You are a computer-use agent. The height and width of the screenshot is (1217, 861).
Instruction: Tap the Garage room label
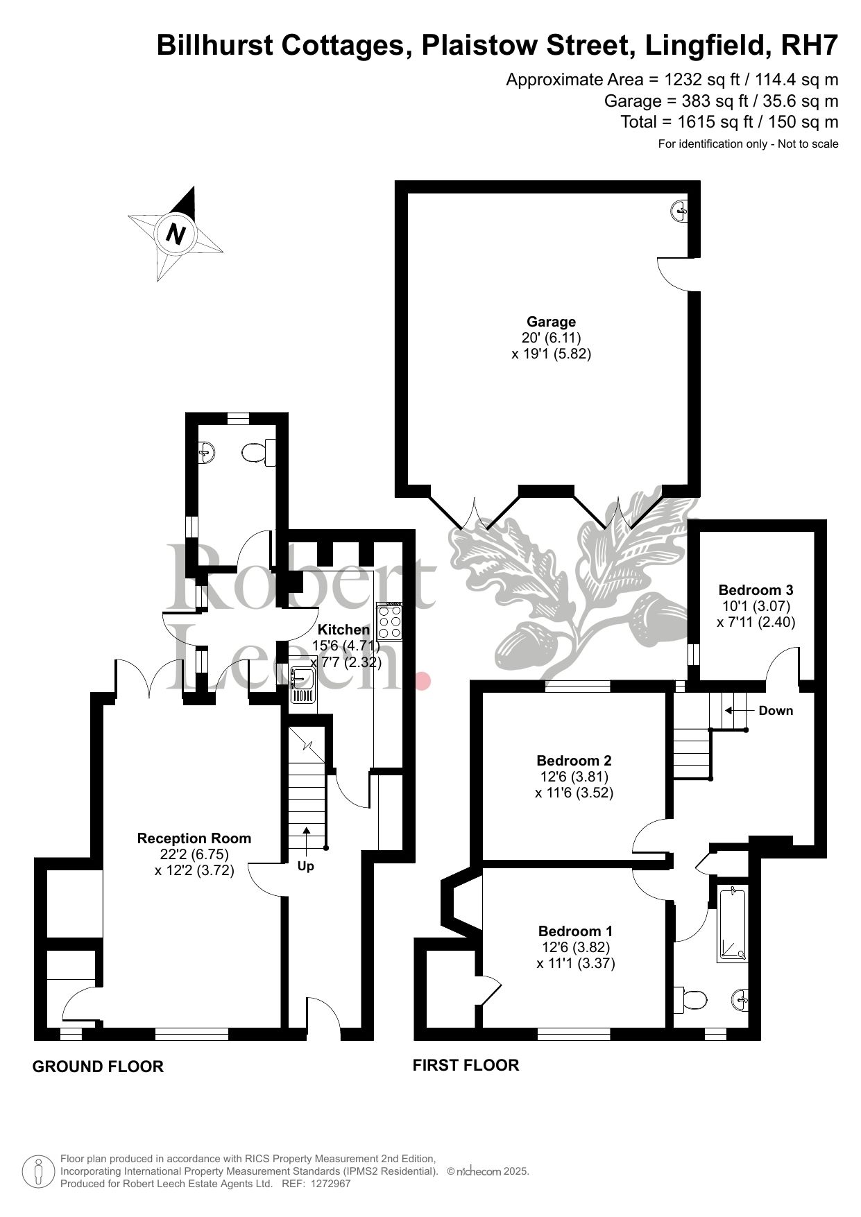coord(552,322)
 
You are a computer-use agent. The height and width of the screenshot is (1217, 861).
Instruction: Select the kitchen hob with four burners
coord(389,621)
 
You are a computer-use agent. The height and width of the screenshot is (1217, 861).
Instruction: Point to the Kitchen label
coord(344,630)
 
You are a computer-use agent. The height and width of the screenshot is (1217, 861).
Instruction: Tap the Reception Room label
coord(194,838)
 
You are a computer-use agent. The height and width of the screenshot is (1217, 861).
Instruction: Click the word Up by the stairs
coord(305,866)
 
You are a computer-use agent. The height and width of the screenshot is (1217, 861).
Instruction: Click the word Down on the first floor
coord(776,711)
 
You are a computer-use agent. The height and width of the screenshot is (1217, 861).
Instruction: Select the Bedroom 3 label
coord(756,590)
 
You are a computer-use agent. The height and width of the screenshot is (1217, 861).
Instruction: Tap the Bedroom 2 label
coord(574,761)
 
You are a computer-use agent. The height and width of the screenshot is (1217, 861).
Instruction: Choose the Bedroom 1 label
coord(575,931)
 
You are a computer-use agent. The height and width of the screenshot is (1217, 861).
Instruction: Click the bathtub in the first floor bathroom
coord(733,926)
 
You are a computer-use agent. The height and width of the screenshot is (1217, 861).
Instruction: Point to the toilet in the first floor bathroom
coord(691,999)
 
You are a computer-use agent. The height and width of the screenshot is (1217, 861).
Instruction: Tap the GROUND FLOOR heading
coord(98,1067)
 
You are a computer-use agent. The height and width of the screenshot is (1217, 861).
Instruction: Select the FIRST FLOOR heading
coord(466,1064)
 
